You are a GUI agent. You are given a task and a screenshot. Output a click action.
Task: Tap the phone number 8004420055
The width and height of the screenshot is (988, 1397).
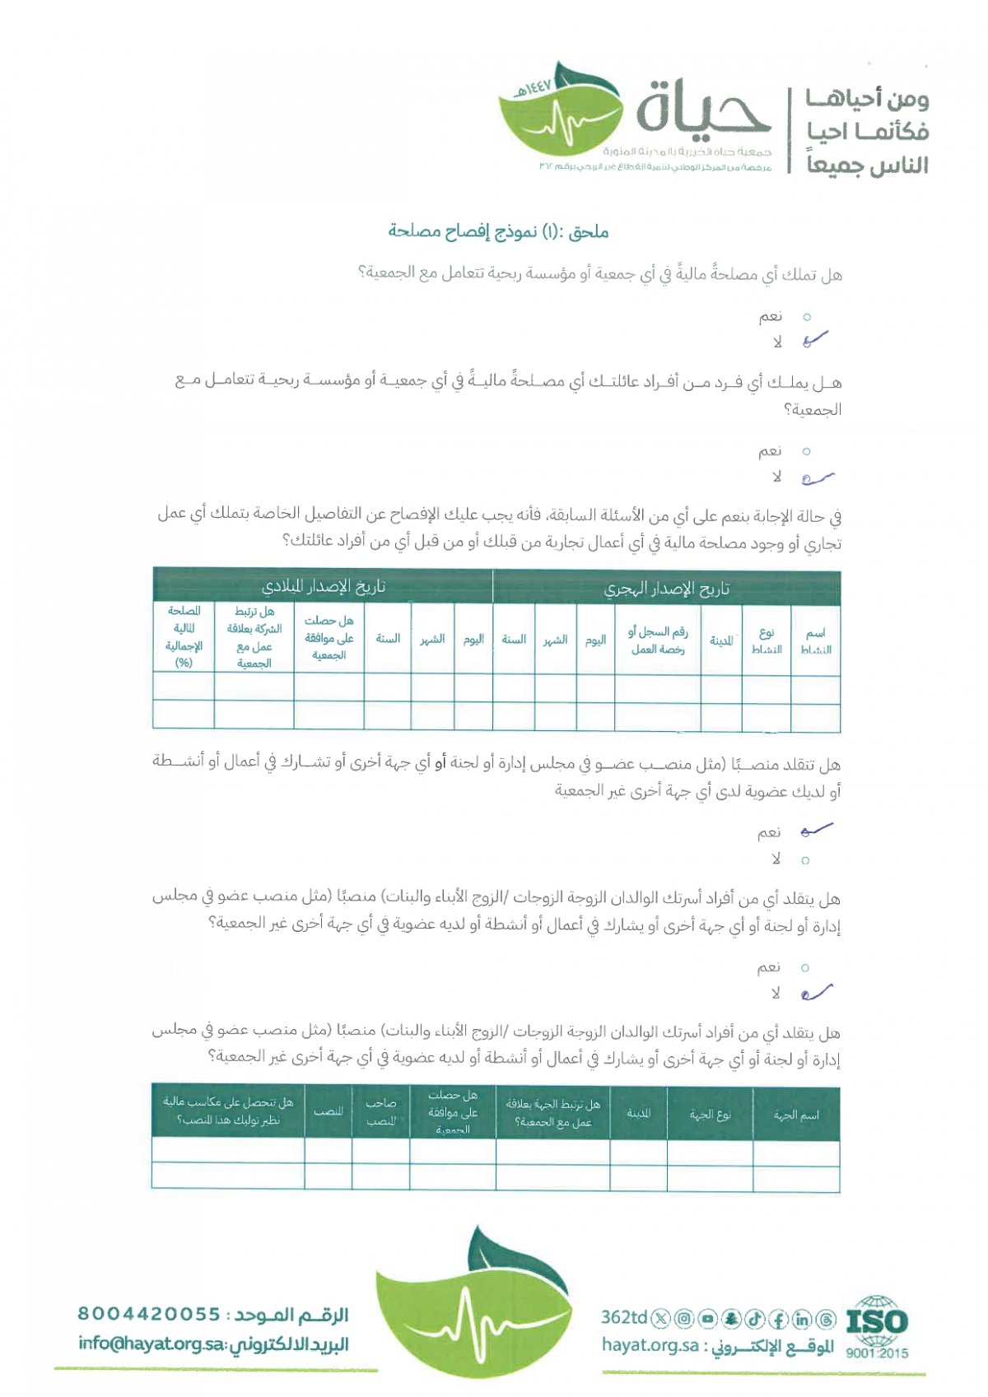point(149,1314)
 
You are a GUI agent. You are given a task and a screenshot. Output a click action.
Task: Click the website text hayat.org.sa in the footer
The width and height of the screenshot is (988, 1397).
point(650,1345)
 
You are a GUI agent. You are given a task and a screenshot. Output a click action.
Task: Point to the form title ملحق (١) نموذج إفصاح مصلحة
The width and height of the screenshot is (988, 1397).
point(498,231)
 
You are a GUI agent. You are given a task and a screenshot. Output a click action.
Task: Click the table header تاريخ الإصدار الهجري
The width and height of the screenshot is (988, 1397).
point(667,588)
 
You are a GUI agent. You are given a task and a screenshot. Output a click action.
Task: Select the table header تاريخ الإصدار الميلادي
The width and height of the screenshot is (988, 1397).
point(323,587)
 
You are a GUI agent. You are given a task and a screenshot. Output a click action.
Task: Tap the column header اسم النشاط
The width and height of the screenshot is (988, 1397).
point(815,640)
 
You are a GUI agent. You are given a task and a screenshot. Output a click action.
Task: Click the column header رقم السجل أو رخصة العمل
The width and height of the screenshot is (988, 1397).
point(657,640)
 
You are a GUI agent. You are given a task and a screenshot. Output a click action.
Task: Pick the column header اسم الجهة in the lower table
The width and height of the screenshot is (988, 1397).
point(796,1115)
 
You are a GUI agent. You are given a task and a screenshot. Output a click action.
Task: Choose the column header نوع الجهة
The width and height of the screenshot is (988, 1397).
point(710,1115)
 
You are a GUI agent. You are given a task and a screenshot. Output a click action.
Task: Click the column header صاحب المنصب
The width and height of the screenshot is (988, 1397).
point(380,1111)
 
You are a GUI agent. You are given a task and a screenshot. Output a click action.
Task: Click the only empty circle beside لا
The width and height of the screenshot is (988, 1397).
point(805,860)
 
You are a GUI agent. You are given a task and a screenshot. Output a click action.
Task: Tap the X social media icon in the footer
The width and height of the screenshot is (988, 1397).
point(660,1319)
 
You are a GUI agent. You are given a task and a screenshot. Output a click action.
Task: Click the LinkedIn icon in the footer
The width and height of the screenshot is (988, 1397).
point(803,1319)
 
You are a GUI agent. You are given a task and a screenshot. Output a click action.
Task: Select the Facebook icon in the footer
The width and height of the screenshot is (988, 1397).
point(779,1319)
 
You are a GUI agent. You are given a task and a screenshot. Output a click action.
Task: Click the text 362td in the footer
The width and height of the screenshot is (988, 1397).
point(624,1317)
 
